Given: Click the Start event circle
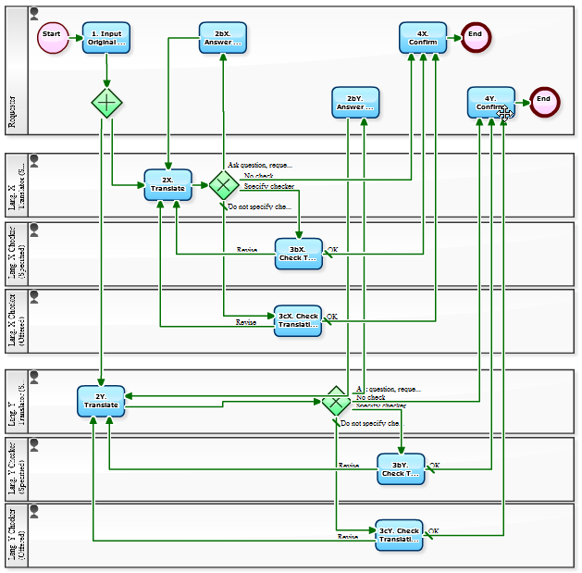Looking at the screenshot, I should pos(52,37).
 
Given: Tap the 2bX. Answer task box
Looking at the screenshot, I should pos(223,37).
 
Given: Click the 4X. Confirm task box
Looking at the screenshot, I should pos(423,37).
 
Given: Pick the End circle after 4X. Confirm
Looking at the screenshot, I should pos(476,37).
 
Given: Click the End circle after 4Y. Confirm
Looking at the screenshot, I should pos(544,102).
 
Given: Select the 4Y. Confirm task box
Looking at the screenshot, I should pos(490,102).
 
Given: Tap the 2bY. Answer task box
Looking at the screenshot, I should pos(355,103).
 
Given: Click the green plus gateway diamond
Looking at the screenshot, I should pos(107,102).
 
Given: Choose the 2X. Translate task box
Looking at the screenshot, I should pos(167,184).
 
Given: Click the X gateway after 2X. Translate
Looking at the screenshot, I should pos(223,184).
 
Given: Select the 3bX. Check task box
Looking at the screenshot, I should pos(298,254).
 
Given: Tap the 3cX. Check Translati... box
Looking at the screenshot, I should pos(297,321).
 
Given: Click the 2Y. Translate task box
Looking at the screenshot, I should pos(101,401).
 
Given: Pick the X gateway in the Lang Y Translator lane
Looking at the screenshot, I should pos(335,402).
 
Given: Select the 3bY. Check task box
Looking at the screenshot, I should pos(401,469).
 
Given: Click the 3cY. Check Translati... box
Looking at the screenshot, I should pos(399,535).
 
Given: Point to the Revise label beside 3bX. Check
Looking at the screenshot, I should pos(246,250).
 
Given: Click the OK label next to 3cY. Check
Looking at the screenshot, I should pos(433,531).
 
